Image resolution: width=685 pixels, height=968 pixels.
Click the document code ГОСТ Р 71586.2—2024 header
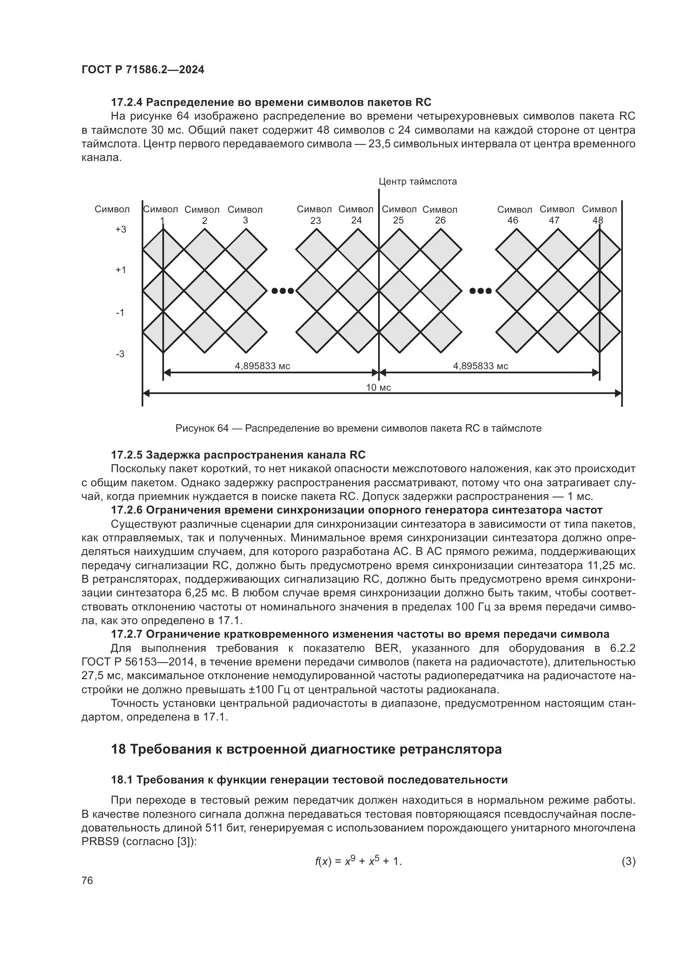[142, 70]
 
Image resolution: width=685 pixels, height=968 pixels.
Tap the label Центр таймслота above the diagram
[417, 182]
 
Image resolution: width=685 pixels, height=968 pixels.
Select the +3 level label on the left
[121, 230]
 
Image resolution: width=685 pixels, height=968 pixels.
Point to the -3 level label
[120, 354]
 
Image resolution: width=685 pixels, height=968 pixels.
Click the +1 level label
[121, 270]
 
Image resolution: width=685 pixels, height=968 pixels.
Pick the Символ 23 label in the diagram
[314, 215]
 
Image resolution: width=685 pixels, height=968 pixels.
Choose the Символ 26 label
[440, 215]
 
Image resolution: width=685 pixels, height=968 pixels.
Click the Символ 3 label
[245, 215]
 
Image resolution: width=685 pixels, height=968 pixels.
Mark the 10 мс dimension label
[379, 387]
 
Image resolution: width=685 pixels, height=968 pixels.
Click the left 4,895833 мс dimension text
[262, 366]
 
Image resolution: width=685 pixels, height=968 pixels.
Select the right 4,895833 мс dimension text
[480, 366]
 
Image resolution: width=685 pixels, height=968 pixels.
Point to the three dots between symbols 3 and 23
[282, 291]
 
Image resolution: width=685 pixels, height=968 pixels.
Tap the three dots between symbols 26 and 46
[480, 291]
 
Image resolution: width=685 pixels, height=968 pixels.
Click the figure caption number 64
[223, 429]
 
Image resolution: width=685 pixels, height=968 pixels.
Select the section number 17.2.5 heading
[127, 455]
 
